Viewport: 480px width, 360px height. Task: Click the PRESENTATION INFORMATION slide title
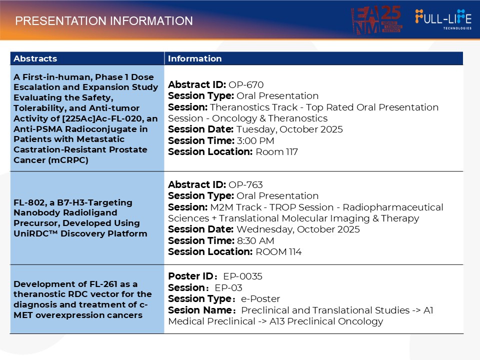click(x=104, y=21)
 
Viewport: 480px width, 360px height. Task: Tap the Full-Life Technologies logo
click(x=443, y=19)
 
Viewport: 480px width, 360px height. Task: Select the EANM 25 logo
click(x=376, y=20)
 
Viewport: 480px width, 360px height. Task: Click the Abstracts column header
click(x=35, y=58)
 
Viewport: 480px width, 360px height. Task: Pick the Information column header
click(x=194, y=58)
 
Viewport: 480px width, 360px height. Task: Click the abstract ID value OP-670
click(x=246, y=84)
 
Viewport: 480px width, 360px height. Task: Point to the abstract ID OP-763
click(x=245, y=184)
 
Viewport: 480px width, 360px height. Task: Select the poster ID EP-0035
click(x=242, y=276)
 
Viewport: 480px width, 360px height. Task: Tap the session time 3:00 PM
click(x=255, y=140)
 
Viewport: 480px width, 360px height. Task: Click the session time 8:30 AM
click(x=255, y=240)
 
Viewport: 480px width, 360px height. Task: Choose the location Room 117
click(x=276, y=152)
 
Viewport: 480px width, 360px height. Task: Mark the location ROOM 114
click(x=278, y=251)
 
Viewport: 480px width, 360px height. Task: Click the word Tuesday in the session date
click(x=256, y=129)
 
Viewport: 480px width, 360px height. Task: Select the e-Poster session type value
click(x=260, y=298)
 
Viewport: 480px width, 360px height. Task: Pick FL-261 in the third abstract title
click(x=100, y=284)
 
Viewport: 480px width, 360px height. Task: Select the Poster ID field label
click(x=190, y=276)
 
